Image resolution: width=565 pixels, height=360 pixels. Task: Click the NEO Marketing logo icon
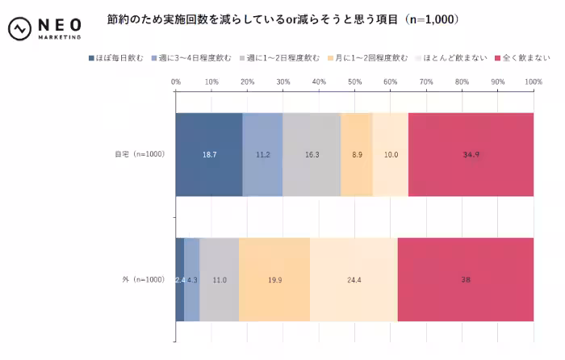[x=19, y=29]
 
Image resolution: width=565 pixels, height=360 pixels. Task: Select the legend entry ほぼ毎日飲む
[x=120, y=58]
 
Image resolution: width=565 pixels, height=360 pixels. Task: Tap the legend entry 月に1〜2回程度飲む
[x=370, y=58]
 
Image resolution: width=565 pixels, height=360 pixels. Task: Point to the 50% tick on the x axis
[x=354, y=82]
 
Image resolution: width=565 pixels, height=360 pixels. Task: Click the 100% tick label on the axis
[x=533, y=82]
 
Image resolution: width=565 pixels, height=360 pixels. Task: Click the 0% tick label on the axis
[x=176, y=82]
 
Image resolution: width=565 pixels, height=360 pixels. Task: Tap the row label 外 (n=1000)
[x=144, y=279]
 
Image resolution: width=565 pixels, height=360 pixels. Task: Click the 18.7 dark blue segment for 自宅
[x=209, y=154]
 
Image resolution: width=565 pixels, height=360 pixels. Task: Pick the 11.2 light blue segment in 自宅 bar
[x=262, y=154]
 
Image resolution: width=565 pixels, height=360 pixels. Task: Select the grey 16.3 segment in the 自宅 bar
[x=312, y=154]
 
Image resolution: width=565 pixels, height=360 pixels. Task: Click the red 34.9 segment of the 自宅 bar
[x=471, y=154]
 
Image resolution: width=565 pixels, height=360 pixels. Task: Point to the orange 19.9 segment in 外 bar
[x=274, y=279]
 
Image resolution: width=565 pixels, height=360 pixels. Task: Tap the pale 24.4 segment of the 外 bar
[x=354, y=279]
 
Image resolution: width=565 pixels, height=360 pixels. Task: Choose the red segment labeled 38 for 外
[x=466, y=279]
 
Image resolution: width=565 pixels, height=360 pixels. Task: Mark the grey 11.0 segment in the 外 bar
[x=220, y=279]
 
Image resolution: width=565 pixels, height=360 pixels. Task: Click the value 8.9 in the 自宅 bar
[x=356, y=154]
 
